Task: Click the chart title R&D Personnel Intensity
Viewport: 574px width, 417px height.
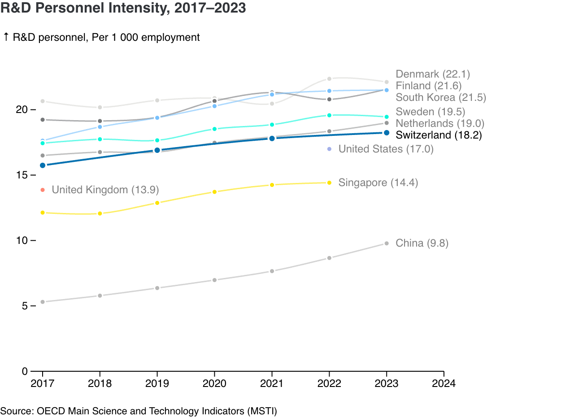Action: click(123, 8)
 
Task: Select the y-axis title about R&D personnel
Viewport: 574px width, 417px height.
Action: click(101, 37)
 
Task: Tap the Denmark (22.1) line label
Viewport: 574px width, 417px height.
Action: click(432, 74)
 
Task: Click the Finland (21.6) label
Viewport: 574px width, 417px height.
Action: click(428, 86)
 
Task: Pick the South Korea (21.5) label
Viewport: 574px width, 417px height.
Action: click(440, 97)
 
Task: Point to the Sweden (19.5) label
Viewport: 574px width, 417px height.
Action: click(430, 112)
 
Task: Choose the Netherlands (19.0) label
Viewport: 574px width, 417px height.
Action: click(439, 123)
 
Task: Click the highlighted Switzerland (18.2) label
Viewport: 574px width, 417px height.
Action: click(438, 135)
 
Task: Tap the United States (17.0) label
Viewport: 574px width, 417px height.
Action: click(386, 149)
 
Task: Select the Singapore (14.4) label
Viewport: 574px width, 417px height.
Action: click(378, 182)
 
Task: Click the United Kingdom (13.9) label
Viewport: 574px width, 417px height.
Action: click(105, 190)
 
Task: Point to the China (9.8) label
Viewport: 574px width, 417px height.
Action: click(422, 243)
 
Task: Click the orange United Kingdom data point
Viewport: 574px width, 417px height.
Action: click(43, 190)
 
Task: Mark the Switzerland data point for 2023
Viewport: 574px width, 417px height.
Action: click(387, 133)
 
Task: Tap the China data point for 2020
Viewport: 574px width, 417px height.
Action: click(214, 280)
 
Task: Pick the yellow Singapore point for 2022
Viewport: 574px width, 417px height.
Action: click(329, 182)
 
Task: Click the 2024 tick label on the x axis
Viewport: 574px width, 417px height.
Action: click(444, 384)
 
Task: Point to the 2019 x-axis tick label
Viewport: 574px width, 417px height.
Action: click(157, 384)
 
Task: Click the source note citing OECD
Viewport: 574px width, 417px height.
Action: click(139, 411)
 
